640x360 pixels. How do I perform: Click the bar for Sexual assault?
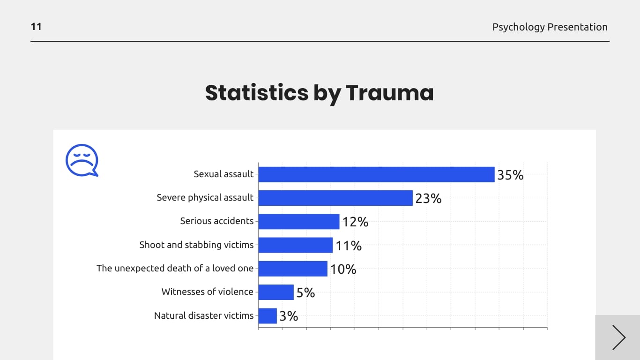(376, 174)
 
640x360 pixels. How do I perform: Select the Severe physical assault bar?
(335, 198)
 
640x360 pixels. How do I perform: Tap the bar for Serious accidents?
(298, 222)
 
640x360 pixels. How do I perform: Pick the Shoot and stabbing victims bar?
(295, 245)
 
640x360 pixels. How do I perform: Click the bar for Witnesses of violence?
(276, 292)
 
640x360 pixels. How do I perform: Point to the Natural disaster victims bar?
(268, 316)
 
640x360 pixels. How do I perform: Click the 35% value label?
(510, 175)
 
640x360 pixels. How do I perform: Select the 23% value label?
(428, 199)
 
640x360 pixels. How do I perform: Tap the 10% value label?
(343, 270)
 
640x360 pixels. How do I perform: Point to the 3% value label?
(289, 316)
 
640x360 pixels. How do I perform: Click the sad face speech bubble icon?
(82, 160)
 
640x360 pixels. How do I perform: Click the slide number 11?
(36, 27)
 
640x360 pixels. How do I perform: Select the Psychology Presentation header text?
(550, 27)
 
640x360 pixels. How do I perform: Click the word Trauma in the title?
(389, 92)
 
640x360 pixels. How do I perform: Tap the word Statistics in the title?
(256, 92)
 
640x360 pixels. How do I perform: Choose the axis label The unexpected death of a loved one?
(175, 268)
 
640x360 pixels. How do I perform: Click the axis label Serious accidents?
(216, 221)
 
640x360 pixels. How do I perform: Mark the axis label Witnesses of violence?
(207, 292)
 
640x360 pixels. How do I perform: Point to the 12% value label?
(355, 222)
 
